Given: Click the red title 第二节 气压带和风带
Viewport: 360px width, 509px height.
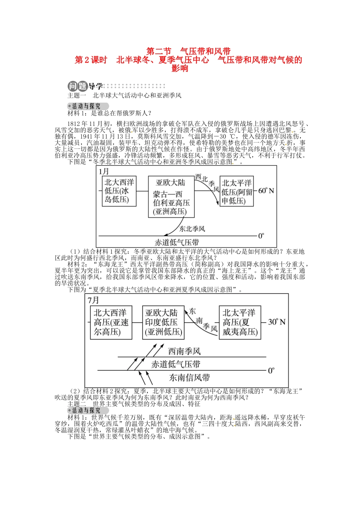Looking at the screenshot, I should (x=188, y=51).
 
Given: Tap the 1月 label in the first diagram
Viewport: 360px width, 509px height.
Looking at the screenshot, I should (x=104, y=172).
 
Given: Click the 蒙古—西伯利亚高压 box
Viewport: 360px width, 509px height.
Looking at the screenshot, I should (x=171, y=197).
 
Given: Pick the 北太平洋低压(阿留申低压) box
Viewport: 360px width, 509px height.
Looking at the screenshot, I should (x=237, y=191).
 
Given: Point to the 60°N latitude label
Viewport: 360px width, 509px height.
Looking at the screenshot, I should (x=266, y=190).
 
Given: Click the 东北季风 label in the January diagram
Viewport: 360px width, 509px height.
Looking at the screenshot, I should (x=192, y=229).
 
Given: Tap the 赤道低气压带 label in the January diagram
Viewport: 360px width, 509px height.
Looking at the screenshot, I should (x=177, y=242).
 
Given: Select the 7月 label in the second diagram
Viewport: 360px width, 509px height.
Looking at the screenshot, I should (x=93, y=300).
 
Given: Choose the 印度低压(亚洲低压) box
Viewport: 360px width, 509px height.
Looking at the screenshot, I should (x=163, y=323).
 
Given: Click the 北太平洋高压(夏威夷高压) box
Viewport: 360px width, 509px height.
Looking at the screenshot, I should (x=240, y=322).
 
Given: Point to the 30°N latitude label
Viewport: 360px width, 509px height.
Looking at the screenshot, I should (x=277, y=322).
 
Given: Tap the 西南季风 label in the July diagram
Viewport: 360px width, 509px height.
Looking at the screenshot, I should (x=184, y=351).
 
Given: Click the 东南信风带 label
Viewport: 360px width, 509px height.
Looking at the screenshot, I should (x=189, y=378).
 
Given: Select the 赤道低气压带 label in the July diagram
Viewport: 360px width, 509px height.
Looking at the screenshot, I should (x=176, y=364).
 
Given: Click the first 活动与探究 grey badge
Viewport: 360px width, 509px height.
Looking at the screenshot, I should (x=88, y=106).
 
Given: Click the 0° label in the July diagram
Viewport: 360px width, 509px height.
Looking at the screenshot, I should (x=271, y=370).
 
